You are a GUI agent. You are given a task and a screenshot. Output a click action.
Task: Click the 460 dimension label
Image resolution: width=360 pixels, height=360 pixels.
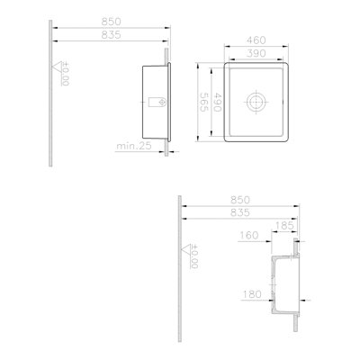tap(256, 40)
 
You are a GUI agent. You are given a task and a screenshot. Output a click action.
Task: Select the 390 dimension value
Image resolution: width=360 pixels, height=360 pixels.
tap(256, 53)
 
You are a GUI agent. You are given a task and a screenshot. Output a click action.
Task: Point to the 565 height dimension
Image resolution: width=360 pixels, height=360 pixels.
tap(204, 102)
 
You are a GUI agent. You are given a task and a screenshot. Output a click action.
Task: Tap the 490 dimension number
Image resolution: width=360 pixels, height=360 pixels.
tap(217, 102)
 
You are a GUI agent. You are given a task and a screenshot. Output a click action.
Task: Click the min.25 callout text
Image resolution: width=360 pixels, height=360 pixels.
tap(134, 146)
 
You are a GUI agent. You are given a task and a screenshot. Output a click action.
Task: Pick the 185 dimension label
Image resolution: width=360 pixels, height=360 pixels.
tap(284, 226)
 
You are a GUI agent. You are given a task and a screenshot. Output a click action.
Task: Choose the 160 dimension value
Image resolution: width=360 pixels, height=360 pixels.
tap(248, 236)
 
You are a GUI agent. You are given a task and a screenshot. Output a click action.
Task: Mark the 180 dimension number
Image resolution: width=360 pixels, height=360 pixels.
tap(252, 294)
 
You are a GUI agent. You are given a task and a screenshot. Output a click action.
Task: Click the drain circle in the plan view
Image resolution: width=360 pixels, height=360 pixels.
tap(256, 102)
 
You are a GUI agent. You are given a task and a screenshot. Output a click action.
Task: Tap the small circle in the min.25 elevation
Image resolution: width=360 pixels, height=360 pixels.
tap(162, 102)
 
